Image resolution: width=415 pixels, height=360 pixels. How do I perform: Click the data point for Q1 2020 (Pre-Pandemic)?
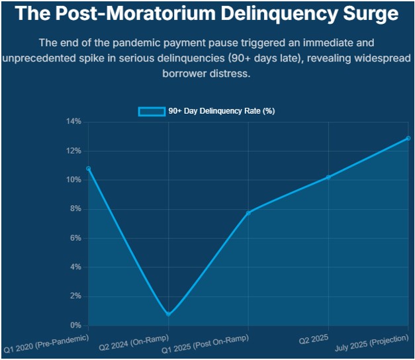tap(88, 169)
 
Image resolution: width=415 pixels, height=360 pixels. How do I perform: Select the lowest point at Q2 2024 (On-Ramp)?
tap(168, 314)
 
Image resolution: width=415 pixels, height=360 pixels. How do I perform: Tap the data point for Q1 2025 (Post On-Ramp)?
tap(248, 212)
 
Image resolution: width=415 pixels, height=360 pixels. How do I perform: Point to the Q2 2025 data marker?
tap(328, 177)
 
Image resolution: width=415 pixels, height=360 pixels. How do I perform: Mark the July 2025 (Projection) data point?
tap(408, 138)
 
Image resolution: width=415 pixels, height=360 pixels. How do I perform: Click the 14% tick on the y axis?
tap(73, 122)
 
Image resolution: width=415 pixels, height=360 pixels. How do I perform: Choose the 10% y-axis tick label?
tap(73, 180)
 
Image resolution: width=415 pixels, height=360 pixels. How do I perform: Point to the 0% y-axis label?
tap(75, 326)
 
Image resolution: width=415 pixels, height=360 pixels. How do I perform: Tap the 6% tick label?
tap(75, 238)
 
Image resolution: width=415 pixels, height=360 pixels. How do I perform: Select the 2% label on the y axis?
tap(75, 296)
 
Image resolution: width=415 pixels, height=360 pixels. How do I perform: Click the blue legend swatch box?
tap(151, 111)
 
